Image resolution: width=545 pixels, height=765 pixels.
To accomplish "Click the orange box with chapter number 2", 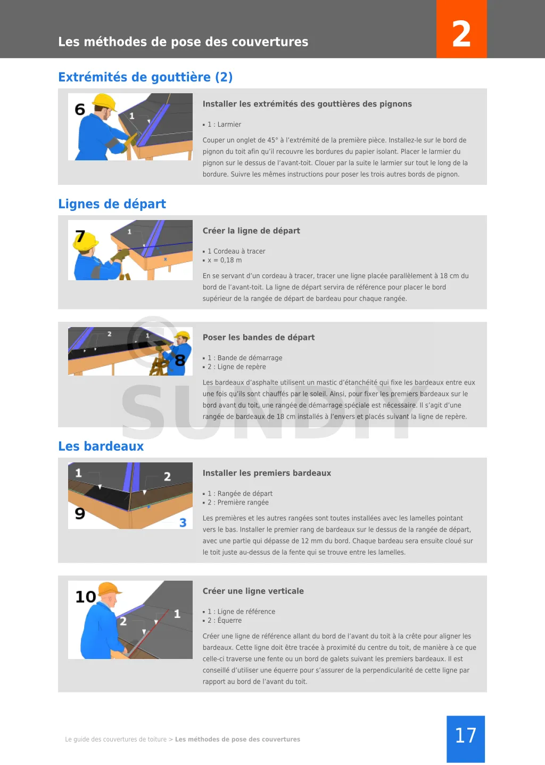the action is click(461, 29).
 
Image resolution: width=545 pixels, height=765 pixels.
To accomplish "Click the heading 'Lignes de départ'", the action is click(112, 204).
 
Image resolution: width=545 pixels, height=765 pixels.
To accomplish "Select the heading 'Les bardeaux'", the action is click(101, 446).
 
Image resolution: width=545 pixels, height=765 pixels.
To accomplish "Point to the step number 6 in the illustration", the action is click(80, 109).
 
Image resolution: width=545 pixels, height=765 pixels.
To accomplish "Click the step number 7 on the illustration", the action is click(80, 236).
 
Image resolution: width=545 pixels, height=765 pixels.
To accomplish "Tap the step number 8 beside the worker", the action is click(180, 360).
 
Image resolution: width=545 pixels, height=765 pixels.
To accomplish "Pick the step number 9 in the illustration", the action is click(80, 514).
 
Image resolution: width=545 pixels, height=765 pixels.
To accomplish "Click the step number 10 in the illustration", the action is click(86, 597).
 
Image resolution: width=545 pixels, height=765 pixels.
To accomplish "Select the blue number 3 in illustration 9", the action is click(183, 523).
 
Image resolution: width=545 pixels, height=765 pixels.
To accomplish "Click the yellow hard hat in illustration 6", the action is click(105, 102).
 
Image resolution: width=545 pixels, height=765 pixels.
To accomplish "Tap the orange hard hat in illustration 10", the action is click(109, 589).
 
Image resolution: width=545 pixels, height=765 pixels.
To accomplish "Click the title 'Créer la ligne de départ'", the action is click(251, 231).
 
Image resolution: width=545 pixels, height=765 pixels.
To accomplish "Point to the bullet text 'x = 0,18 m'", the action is click(225, 260).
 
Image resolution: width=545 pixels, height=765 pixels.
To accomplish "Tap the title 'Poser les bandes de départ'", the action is click(259, 337).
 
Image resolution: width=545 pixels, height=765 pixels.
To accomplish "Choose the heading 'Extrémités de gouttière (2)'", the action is click(145, 77).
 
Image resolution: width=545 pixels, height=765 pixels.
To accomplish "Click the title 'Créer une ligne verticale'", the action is click(253, 591).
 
